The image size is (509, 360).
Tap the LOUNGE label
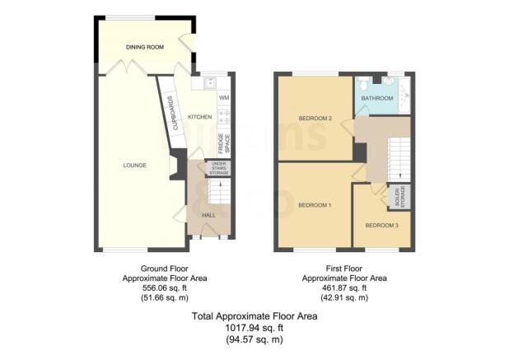click(135, 166)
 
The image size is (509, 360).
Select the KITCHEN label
click(200, 117)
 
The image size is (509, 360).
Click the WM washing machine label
click(223, 98)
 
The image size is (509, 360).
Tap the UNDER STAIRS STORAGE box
click(218, 168)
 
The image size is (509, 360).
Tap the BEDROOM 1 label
click(314, 204)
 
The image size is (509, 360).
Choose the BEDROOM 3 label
click(381, 225)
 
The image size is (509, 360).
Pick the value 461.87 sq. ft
click(344, 288)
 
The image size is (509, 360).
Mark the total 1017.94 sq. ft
click(249, 327)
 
